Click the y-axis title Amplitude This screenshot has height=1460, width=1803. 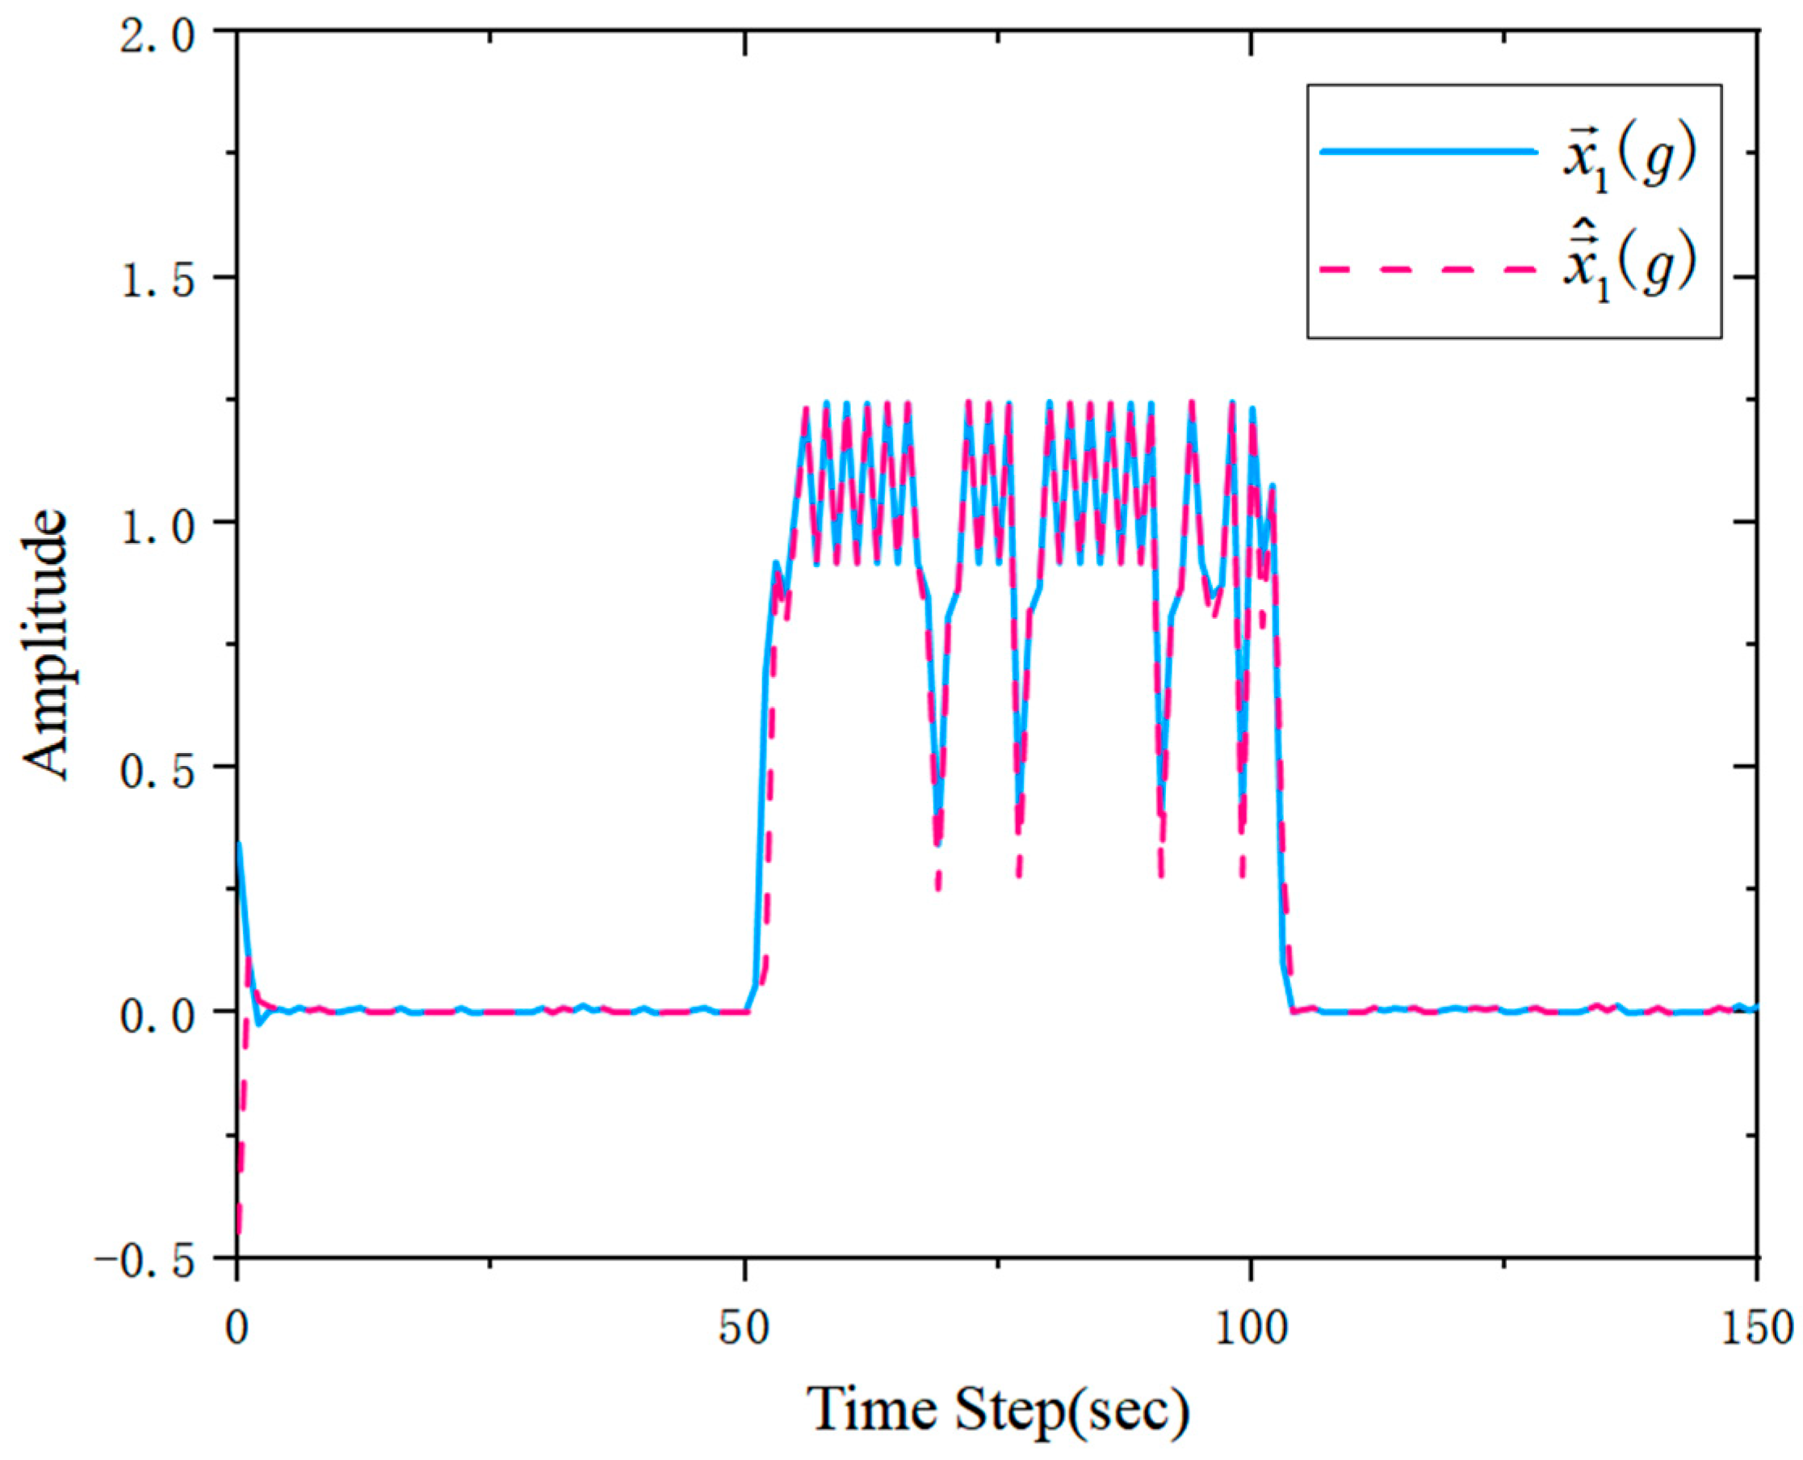(46, 643)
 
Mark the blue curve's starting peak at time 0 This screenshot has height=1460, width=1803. (240, 844)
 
